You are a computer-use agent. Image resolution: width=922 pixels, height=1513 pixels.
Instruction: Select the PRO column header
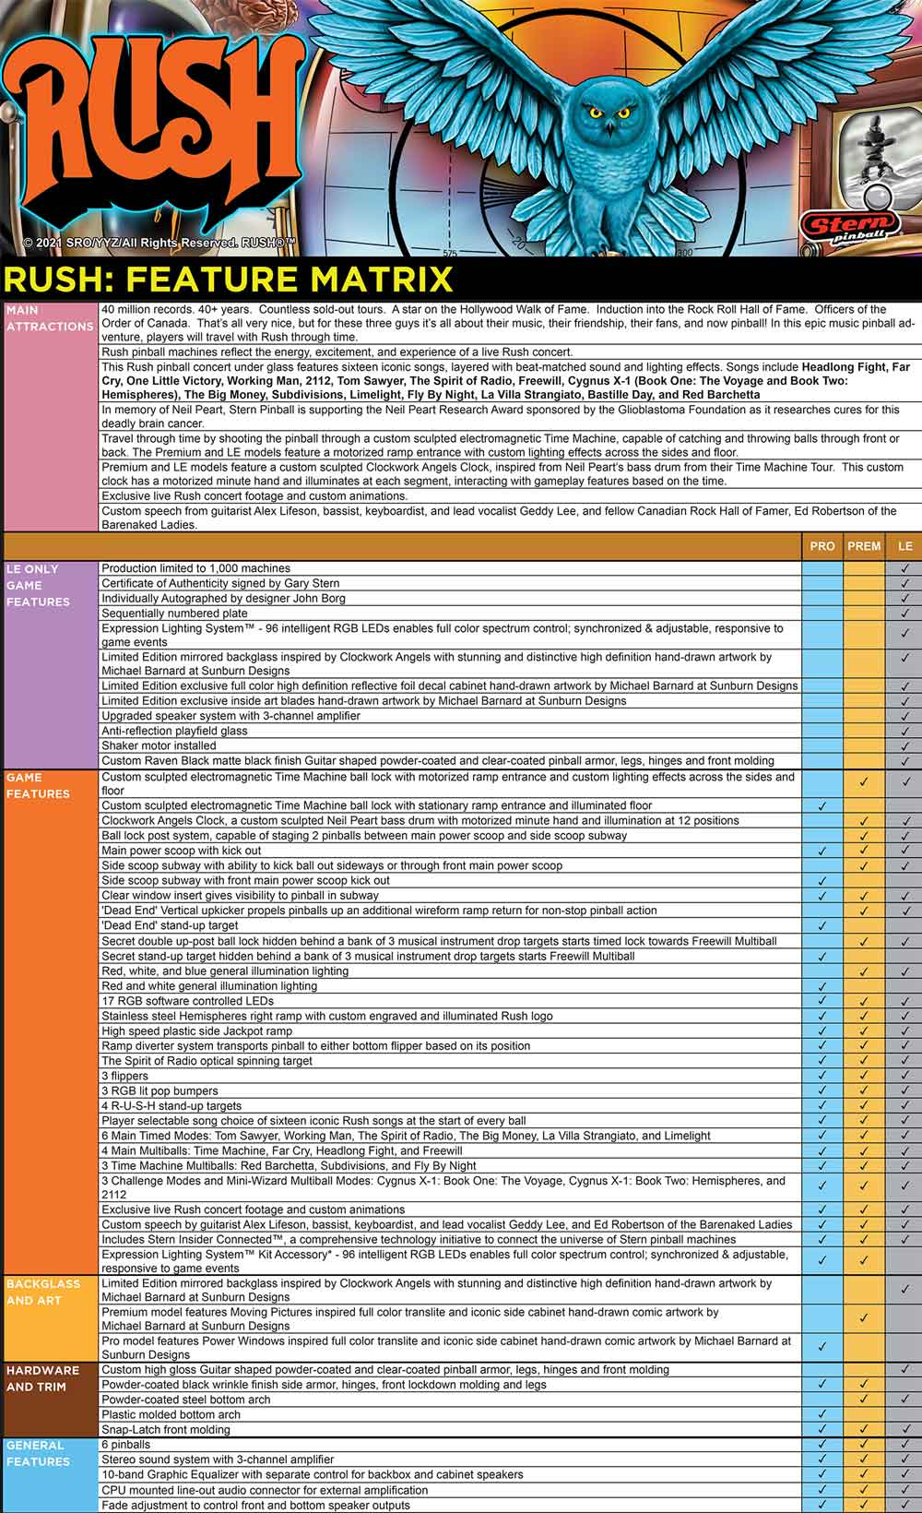coord(822,546)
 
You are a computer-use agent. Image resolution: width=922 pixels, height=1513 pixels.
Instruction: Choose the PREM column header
coord(864,546)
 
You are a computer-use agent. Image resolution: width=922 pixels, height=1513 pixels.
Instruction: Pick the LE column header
coord(904,546)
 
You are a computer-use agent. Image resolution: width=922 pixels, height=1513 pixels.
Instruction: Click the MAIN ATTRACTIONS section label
coord(50,318)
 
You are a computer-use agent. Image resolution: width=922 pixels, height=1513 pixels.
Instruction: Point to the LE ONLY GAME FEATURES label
coord(38,585)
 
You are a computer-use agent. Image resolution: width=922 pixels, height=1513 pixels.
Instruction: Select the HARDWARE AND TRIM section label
coord(42,1378)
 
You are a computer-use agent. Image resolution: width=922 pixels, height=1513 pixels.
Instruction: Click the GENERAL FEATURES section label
coord(38,1453)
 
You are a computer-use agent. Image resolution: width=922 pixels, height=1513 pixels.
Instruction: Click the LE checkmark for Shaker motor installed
coord(904,745)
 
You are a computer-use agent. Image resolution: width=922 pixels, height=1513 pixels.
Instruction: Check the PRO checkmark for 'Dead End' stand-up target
coord(822,925)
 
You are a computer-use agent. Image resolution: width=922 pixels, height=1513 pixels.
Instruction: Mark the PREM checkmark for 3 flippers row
coord(864,1076)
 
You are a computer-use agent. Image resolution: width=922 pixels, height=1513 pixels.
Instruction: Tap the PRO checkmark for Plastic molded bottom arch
coord(822,1414)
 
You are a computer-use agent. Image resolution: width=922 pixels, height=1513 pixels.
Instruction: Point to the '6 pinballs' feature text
coord(125,1445)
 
